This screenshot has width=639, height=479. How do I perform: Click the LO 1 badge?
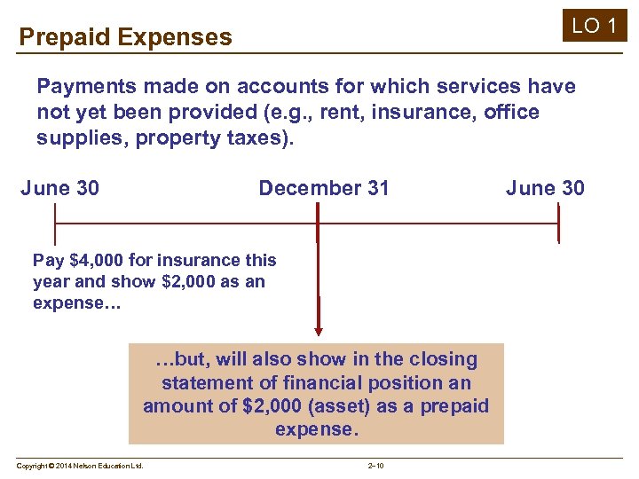click(594, 26)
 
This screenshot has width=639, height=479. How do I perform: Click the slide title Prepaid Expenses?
click(125, 37)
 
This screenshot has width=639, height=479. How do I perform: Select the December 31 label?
click(323, 188)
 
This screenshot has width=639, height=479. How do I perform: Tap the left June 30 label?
click(59, 188)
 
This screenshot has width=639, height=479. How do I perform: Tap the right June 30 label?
click(545, 188)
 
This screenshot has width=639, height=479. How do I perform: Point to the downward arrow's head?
click(318, 329)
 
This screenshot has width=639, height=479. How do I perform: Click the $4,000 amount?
click(95, 260)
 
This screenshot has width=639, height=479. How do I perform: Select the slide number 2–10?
click(375, 466)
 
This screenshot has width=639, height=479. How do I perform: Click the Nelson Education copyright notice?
click(80, 466)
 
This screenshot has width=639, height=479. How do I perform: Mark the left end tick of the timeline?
click(55, 224)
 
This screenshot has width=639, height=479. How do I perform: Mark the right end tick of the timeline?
click(558, 224)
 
